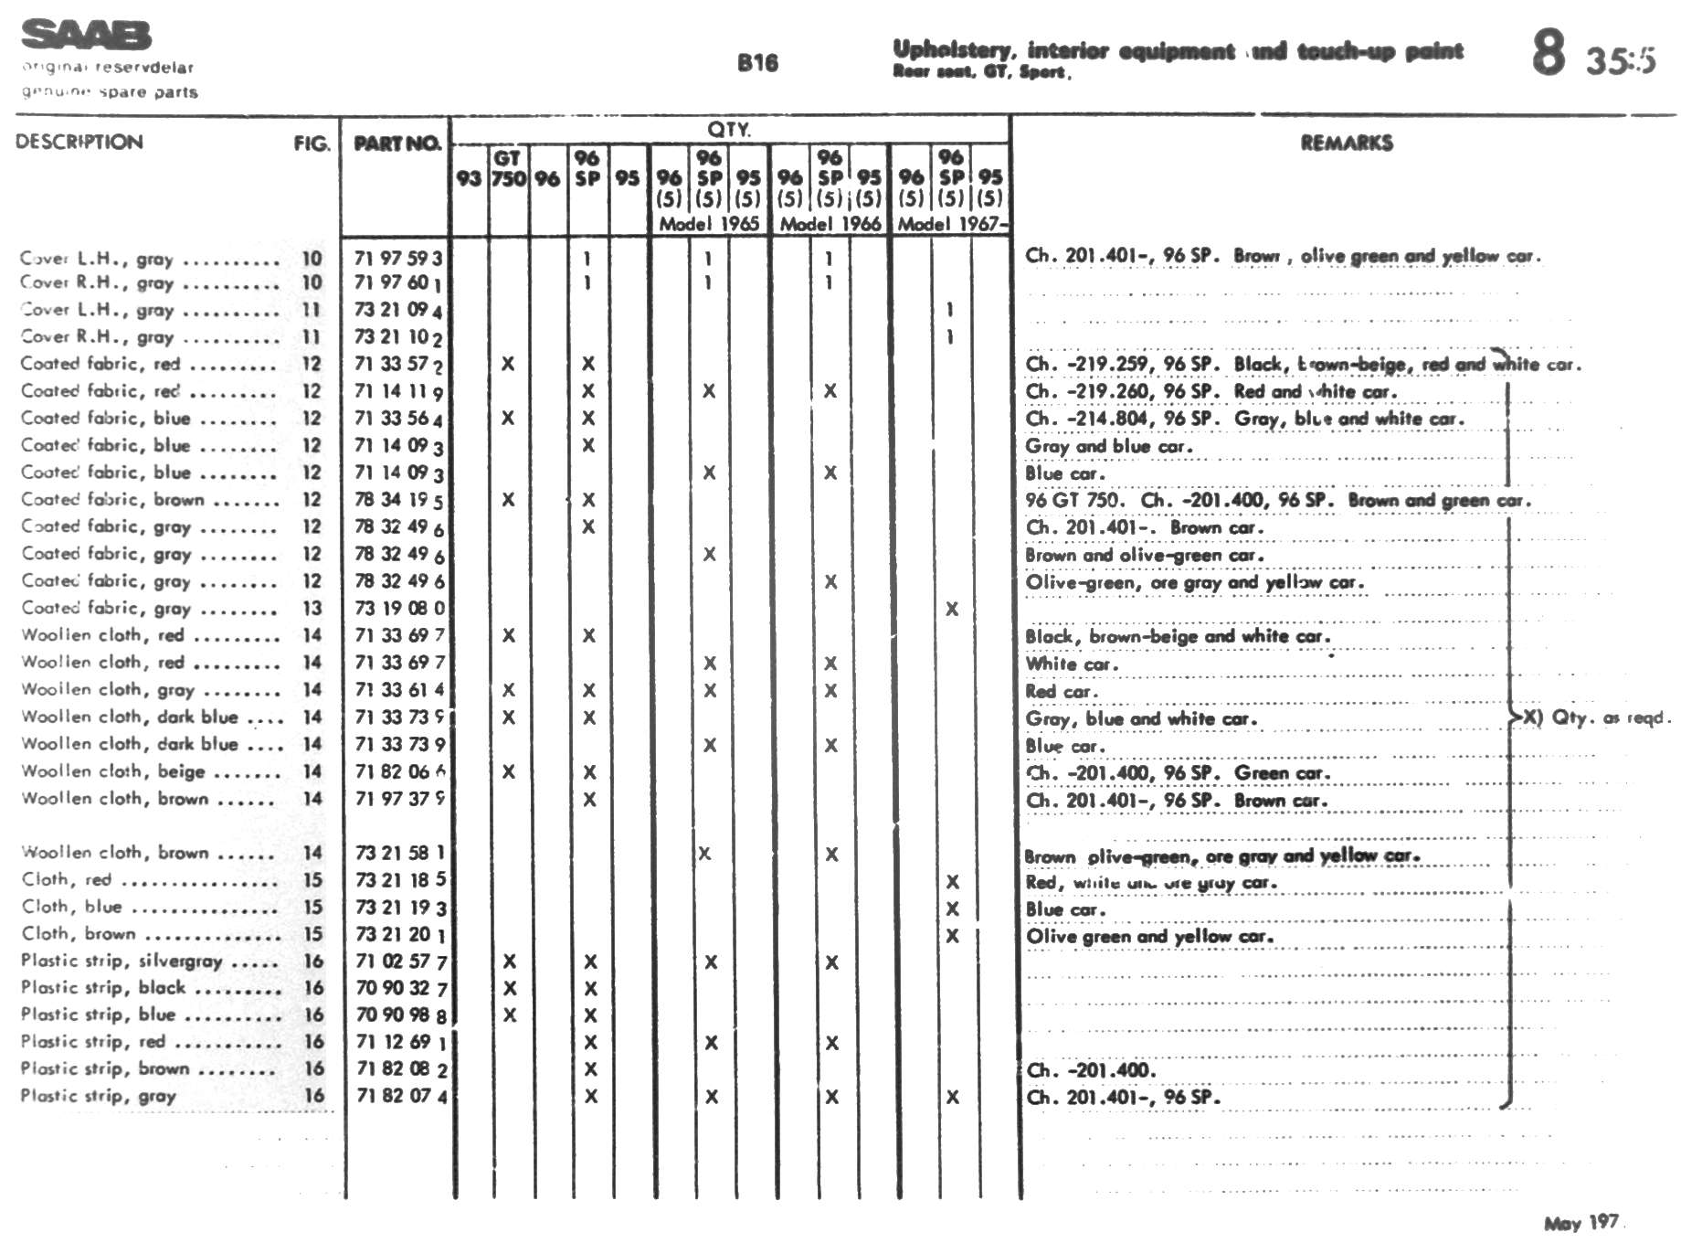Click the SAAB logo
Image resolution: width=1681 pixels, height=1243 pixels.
coord(86,36)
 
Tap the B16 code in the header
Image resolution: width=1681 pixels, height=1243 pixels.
coord(757,63)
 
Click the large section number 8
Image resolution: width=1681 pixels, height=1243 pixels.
coord(1549,53)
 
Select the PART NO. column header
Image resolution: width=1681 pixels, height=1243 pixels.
coord(396,143)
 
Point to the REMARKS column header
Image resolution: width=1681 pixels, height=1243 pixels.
coord(1347,143)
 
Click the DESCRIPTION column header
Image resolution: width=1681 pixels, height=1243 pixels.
coord(79,142)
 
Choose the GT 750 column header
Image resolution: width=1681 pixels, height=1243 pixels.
coord(508,168)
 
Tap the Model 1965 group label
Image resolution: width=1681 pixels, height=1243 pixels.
coord(709,224)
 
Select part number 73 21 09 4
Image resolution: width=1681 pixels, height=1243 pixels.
coord(398,310)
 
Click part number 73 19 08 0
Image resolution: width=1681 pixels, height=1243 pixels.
coord(399,608)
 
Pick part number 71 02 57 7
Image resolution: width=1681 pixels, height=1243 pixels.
coord(401,961)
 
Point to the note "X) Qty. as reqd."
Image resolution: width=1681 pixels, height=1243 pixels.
coord(1595,717)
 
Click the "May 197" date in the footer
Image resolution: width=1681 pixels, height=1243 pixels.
coord(1581,1223)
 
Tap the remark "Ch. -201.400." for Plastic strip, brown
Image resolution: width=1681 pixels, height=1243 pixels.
coord(1091,1070)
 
